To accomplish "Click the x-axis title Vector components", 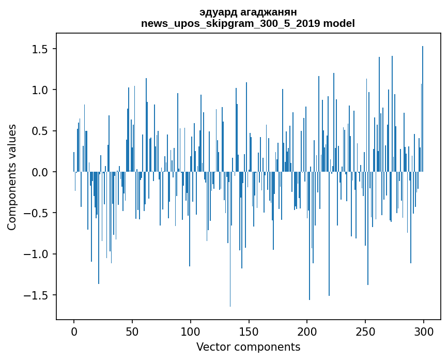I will [x=248, y=347].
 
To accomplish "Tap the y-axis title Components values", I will [x=12, y=177].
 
